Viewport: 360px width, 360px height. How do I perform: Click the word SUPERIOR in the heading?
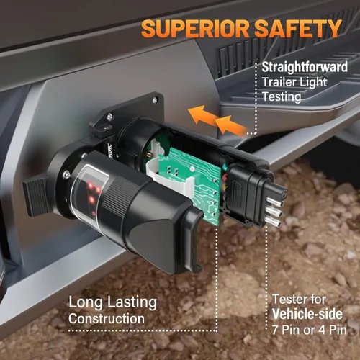pos(195,28)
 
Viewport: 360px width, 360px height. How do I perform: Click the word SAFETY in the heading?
pos(298,28)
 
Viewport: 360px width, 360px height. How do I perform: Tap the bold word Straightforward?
pos(305,67)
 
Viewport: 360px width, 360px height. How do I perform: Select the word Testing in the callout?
pos(282,97)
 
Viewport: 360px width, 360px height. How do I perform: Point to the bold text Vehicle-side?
pos(307,314)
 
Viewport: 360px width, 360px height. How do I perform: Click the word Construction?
pos(107,319)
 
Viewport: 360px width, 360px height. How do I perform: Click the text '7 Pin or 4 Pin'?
pos(310,330)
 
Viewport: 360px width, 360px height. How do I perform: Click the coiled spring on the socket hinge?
pos(110,150)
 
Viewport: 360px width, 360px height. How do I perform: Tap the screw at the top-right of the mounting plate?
pos(156,99)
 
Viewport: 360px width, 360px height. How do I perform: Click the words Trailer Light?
pos(294,82)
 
